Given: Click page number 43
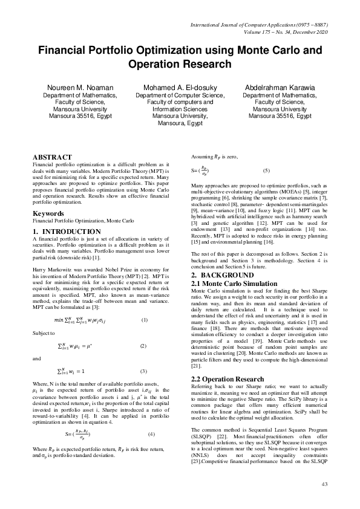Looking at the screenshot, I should pyautogui.click(x=324, y=484).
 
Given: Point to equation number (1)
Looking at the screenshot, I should pyautogui.click(x=143, y=319).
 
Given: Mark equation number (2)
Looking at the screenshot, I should pyautogui.click(x=143, y=346).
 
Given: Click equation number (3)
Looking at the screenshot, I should pyautogui.click(x=143, y=371).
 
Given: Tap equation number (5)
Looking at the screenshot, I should pyautogui.click(x=265, y=171).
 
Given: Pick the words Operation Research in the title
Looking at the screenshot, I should pyautogui.click(x=180, y=63).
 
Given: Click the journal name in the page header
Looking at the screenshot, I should pyautogui.click(x=260, y=24).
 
